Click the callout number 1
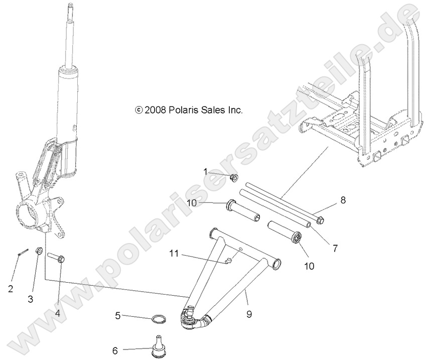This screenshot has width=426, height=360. pos(205,172)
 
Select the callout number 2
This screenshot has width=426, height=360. pos(10,288)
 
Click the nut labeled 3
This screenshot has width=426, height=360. pos(39,251)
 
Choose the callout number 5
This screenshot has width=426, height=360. pos(118,316)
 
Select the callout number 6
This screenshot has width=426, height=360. pos(115,351)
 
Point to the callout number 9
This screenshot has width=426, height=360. pos(249,314)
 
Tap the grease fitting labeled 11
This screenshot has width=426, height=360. pos(228,261)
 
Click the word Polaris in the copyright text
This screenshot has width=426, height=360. pos(182,110)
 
